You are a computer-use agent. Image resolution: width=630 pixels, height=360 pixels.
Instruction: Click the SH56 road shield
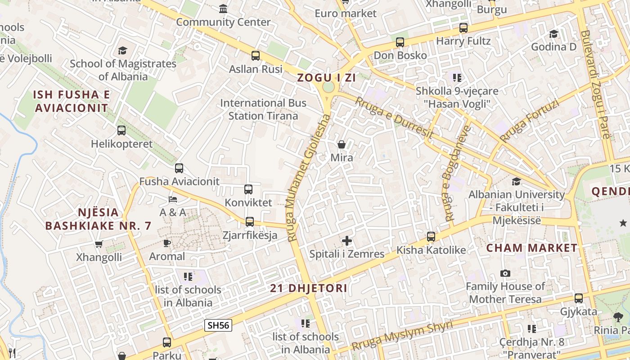click(218, 325)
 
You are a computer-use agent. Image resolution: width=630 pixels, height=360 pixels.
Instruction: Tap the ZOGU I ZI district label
click(326, 78)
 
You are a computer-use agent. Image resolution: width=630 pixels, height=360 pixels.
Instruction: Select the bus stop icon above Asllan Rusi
click(256, 56)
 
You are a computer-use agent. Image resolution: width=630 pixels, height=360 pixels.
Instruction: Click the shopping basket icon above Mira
click(342, 144)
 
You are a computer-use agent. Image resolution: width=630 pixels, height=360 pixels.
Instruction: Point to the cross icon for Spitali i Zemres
click(347, 241)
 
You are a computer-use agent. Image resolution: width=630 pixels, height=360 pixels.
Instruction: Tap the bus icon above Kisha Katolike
click(431, 237)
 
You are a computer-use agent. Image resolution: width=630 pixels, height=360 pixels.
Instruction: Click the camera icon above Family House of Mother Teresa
click(505, 274)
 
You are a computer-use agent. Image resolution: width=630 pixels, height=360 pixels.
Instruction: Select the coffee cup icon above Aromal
click(167, 243)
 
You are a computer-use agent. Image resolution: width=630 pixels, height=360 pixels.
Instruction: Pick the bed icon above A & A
click(173, 199)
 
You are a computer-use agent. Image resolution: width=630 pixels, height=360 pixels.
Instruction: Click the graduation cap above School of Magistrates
click(123, 50)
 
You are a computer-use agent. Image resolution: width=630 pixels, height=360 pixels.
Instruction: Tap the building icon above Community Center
click(223, 9)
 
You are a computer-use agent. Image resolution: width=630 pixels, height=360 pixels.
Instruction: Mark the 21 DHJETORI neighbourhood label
click(309, 288)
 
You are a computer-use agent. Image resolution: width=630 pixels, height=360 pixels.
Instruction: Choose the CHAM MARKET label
click(531, 248)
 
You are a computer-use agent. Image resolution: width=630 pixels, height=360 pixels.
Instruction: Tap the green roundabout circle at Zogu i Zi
click(328, 87)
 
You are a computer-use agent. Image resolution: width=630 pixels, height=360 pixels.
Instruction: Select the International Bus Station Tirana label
click(263, 109)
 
